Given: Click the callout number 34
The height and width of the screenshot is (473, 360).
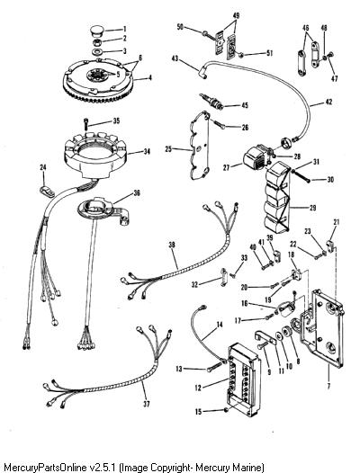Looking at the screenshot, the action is pos(147,151).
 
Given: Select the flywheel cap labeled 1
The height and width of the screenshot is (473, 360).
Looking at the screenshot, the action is pos(97,31).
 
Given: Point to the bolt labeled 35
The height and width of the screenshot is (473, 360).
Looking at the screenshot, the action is pos(86,124).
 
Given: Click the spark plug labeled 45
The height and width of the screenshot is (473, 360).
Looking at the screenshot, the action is pos(211,102).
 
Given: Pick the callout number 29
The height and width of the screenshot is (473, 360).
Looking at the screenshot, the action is pos(312,208).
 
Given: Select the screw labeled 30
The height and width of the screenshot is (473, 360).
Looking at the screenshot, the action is pos(300,176).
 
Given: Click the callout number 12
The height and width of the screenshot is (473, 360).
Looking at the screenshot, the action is pos(198,388).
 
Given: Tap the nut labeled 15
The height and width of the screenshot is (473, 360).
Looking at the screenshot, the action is pos(226,409).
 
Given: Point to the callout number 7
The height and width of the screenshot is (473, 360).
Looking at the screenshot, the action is pos(328,386).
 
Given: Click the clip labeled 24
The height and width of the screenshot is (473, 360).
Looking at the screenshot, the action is pos(46,192).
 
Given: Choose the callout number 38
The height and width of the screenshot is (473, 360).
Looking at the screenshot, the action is pos(172,245).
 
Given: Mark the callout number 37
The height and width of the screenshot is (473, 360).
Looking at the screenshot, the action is pos(147,404).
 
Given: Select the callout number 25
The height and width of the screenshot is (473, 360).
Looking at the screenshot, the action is pos(168,149).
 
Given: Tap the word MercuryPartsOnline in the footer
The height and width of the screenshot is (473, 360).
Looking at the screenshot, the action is pos(45,468).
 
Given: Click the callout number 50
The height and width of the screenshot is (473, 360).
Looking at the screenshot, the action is pos(180,27).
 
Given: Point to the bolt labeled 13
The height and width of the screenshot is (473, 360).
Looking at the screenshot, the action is pos(215,367).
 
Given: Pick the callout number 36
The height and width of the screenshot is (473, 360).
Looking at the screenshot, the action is pos(137,193).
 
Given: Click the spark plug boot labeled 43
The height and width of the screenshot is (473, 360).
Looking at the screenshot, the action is pos(202,74).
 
